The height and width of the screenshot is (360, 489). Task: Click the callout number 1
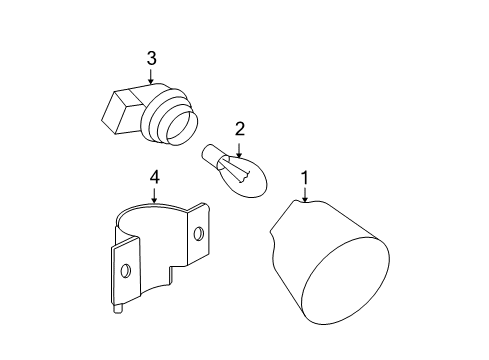click(305, 178)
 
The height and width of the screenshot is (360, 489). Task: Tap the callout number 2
click(240, 129)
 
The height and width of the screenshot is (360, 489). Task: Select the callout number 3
click(151, 58)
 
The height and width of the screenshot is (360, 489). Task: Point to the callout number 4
click(154, 177)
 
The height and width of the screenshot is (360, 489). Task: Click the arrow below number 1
click(305, 195)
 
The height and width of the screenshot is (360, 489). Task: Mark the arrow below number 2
click(239, 150)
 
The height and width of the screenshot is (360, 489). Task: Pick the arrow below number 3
click(151, 76)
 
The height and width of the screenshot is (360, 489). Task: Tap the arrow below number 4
click(154, 195)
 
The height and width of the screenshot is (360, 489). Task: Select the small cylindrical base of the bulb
click(210, 155)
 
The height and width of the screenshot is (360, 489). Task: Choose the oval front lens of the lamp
click(345, 280)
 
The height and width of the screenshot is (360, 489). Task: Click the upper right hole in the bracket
click(199, 234)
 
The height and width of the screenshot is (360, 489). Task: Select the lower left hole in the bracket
click(126, 270)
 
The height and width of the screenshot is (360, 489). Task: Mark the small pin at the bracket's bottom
click(118, 309)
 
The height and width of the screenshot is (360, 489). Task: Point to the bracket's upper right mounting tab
click(199, 232)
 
